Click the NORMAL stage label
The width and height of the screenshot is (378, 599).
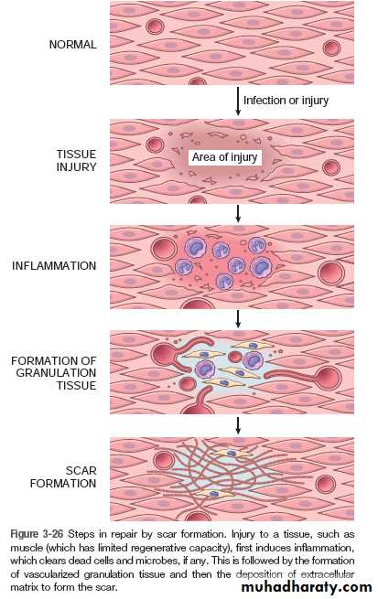pos(72,44)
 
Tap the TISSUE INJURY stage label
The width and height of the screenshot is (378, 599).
pos(76,160)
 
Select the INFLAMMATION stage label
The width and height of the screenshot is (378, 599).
pos(54,265)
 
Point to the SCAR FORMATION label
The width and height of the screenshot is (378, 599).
pos(63,476)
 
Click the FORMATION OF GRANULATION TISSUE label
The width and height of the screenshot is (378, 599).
pos(53,373)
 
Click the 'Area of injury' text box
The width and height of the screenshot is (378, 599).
pos(225,157)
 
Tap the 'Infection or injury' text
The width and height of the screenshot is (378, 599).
pos(286,101)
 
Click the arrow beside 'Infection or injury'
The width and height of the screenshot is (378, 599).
pos(238,102)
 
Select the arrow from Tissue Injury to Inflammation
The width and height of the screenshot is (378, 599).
pos(238,214)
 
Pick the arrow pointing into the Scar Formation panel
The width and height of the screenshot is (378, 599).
pos(238,425)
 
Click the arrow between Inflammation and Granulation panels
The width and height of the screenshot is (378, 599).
pos(238,319)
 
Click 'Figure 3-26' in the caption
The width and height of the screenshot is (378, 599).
pos(38,534)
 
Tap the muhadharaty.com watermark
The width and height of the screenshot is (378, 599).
pos(307,587)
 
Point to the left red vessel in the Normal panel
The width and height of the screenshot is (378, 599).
pos(155,27)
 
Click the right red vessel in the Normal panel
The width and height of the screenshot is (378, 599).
pos(331,48)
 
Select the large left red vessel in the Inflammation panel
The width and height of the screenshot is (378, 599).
pos(164,249)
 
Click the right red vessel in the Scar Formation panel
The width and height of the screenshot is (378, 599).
pos(326,484)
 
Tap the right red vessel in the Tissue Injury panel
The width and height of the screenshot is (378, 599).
pos(331,167)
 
